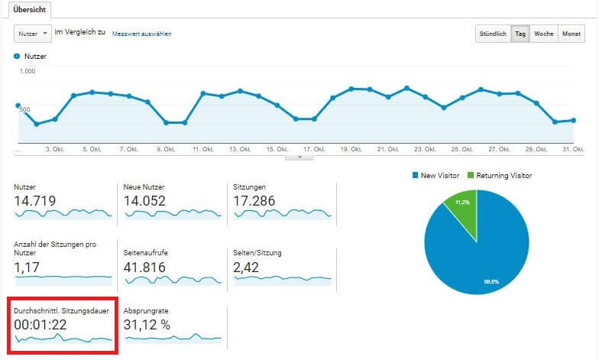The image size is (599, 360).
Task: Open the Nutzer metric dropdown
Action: click(x=33, y=34)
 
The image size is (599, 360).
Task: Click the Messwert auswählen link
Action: click(x=141, y=34)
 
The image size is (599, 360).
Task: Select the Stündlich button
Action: click(x=493, y=34)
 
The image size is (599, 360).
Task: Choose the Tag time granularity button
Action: click(x=520, y=34)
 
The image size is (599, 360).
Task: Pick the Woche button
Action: click(x=544, y=34)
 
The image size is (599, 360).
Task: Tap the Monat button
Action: click(x=571, y=34)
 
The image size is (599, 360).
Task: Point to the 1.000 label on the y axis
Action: click(x=28, y=72)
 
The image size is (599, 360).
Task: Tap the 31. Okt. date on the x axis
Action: click(x=573, y=149)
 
